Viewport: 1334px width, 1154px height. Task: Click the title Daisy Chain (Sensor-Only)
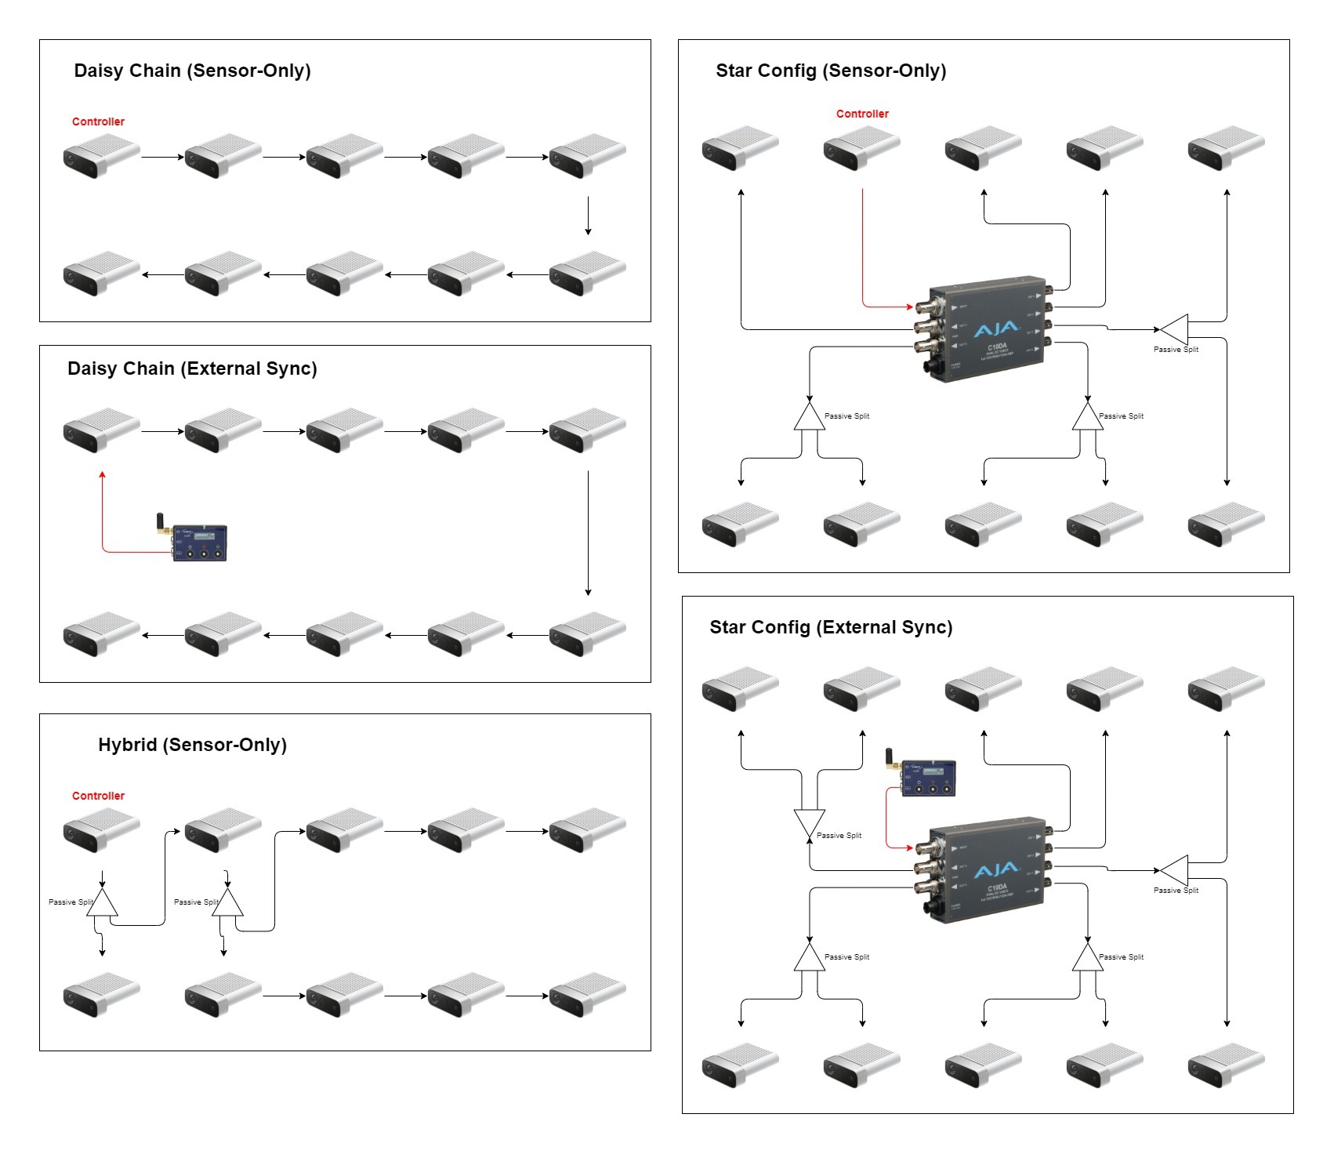coord(192,71)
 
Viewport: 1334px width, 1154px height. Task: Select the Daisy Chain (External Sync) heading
coord(192,368)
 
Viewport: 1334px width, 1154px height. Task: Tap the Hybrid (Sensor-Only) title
coord(192,745)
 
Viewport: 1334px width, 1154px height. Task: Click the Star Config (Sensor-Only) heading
coord(831,71)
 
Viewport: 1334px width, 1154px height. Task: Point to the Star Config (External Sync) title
coord(831,627)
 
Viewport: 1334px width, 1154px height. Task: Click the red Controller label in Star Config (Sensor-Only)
coord(862,114)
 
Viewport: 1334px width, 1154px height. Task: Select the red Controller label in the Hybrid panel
coord(98,796)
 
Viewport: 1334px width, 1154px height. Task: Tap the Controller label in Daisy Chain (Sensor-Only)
coord(98,122)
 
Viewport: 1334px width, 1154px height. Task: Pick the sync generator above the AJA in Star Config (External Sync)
coord(928,778)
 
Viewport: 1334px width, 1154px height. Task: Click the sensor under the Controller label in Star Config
coord(861,147)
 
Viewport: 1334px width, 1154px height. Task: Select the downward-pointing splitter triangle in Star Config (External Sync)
coord(810,822)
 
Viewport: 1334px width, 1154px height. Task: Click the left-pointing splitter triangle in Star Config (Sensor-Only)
coord(1176,328)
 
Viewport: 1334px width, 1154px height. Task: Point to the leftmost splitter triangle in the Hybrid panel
coord(103,904)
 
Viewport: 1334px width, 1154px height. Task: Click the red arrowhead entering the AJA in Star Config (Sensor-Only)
coord(910,307)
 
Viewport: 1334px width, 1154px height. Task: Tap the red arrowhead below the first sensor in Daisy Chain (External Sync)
coord(102,475)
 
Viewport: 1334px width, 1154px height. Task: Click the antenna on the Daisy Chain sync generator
coord(160,522)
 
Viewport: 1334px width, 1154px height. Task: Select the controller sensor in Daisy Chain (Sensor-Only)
coord(101,155)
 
